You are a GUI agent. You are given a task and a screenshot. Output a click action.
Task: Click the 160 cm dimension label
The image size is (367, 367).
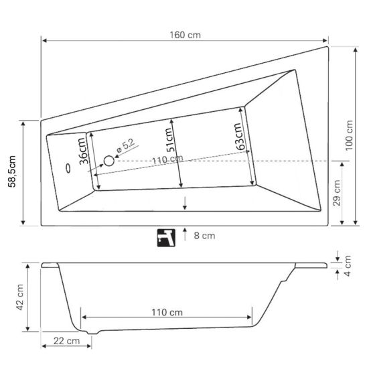(x=185, y=35)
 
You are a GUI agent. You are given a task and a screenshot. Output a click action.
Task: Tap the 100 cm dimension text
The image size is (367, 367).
(x=349, y=135)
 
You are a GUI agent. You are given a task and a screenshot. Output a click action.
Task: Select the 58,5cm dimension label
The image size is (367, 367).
(x=12, y=171)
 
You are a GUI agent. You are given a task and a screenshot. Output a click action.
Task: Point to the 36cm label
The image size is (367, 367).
(x=84, y=151)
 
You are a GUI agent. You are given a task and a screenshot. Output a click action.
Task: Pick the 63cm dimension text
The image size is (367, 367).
(x=240, y=137)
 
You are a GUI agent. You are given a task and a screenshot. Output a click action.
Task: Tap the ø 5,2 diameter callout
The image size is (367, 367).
(x=126, y=146)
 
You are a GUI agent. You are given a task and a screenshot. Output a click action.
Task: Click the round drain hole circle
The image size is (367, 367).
(x=109, y=161)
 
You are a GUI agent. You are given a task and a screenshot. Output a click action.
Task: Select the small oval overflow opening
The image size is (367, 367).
(x=68, y=168)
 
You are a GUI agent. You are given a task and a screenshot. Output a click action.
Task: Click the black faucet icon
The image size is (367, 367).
(x=166, y=238)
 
